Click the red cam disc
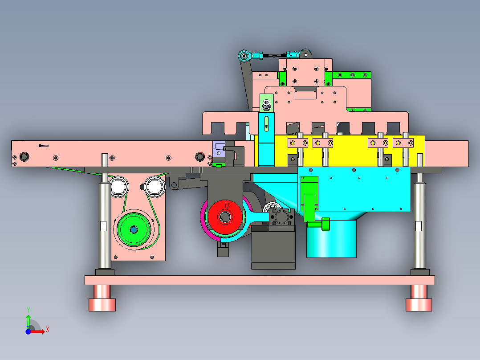[225, 217]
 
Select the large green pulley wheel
[134, 229]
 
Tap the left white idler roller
[118, 186]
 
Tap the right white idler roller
[155, 186]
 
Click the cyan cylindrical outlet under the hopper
[331, 239]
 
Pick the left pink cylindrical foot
[102, 298]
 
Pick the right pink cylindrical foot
[419, 298]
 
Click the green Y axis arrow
[28, 320]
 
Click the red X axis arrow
[37, 331]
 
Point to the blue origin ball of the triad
[28, 331]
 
